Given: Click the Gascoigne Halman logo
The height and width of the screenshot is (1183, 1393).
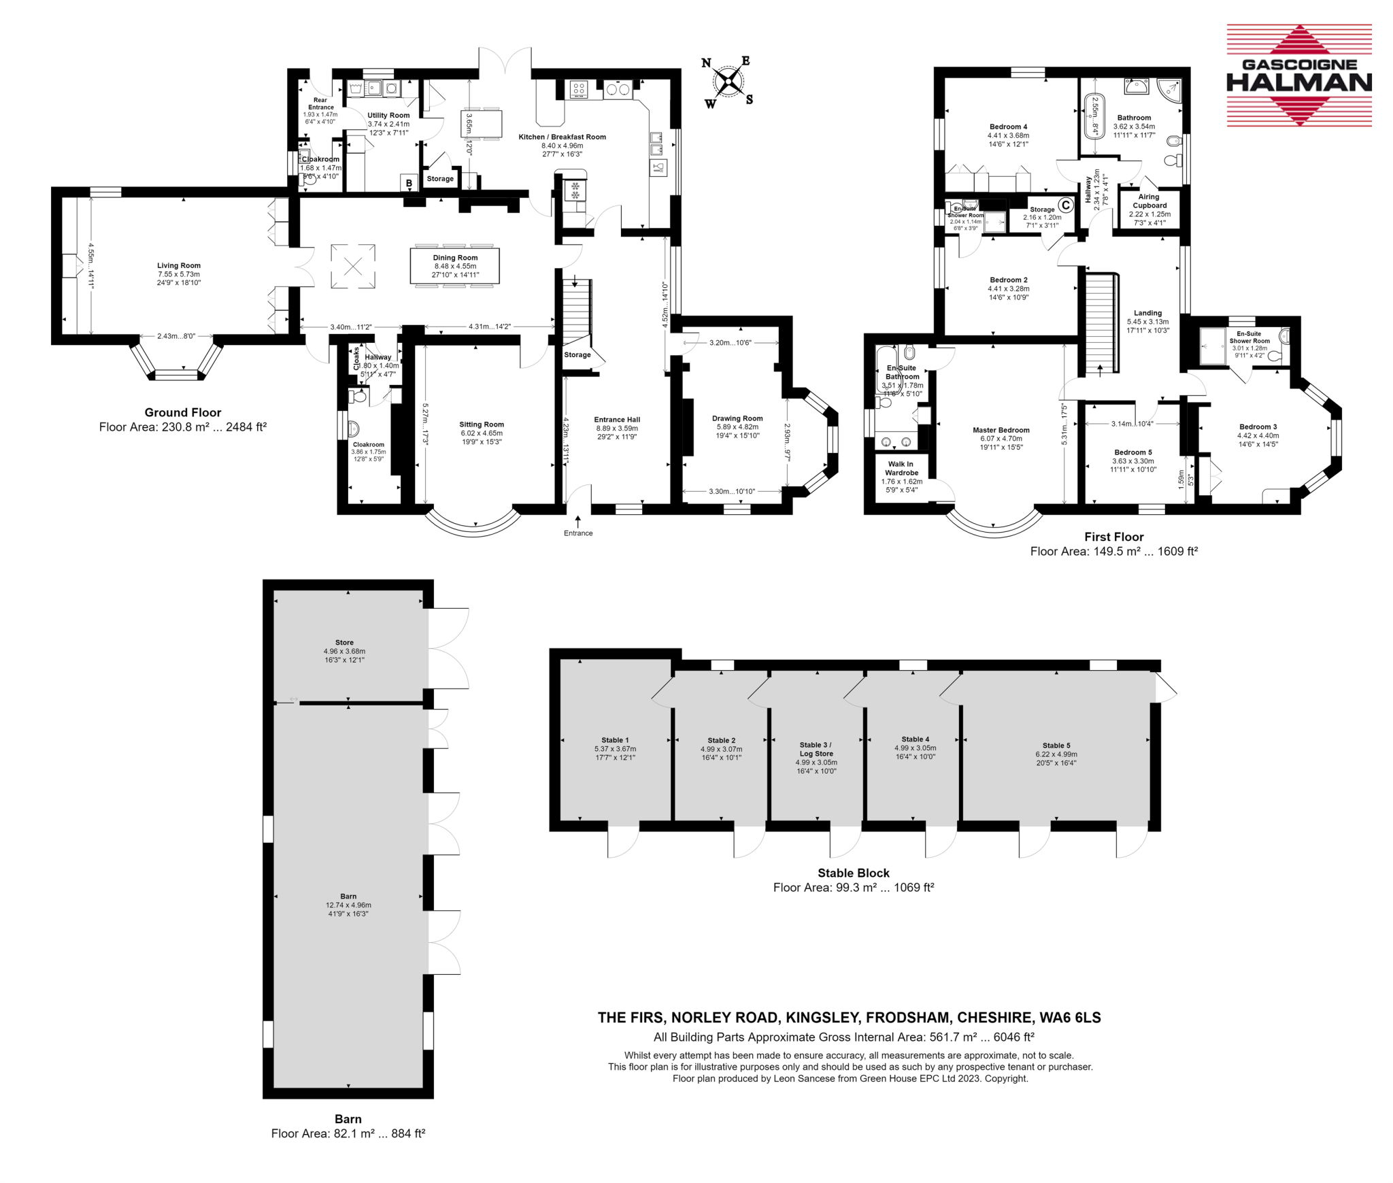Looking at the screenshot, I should [x=1298, y=75].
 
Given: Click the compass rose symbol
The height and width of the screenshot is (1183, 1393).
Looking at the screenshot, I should [x=728, y=82].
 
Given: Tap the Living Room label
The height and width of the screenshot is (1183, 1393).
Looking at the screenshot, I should [x=179, y=265].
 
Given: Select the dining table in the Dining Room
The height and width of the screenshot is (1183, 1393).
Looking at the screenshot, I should [x=454, y=265].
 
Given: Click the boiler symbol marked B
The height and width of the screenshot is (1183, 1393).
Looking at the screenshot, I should [x=409, y=183].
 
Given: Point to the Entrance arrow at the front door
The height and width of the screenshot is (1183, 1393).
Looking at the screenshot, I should [x=577, y=522].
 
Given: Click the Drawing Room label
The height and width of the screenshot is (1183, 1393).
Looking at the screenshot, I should [x=737, y=418].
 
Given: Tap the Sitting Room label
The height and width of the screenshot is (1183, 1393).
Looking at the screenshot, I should [x=482, y=424].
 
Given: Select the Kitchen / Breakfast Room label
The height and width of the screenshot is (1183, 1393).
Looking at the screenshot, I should [x=562, y=137].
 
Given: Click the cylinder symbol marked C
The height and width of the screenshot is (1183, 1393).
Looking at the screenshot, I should [x=1065, y=205].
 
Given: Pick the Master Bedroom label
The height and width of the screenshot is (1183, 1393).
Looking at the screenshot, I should [x=1001, y=430].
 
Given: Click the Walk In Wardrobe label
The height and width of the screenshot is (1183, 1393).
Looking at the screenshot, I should [x=901, y=468].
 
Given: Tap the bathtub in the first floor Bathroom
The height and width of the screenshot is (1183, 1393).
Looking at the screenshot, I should [x=1094, y=115].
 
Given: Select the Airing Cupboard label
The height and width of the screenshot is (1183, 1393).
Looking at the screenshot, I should [x=1149, y=201].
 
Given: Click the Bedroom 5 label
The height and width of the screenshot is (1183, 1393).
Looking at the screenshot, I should [x=1132, y=452].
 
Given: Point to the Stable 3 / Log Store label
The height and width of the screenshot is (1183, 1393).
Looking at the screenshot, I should [x=816, y=749].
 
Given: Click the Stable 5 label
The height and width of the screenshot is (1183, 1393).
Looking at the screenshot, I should [x=1056, y=746].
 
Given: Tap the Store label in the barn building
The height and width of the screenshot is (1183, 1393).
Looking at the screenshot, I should [x=344, y=642].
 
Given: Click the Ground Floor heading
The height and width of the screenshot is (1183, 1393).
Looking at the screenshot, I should [x=182, y=412].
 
